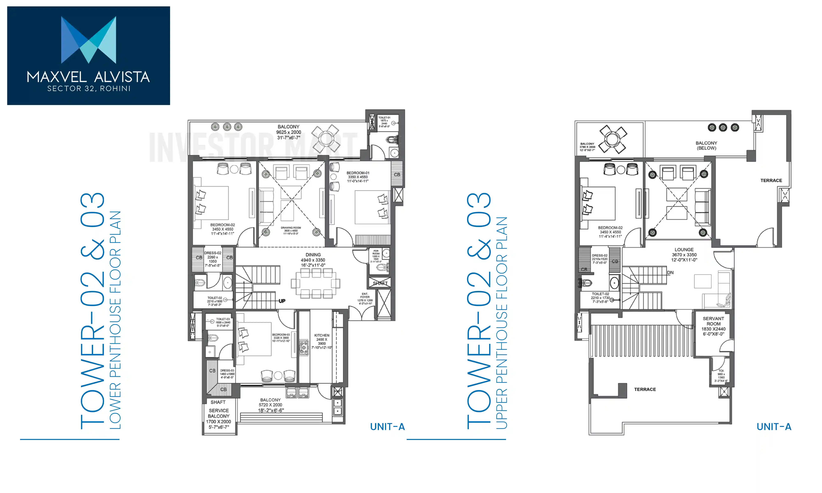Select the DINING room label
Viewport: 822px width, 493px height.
tap(313, 255)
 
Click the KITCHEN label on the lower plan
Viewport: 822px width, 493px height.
tap(322, 335)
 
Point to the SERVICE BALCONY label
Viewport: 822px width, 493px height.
tap(219, 413)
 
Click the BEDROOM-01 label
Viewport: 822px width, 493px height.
tap(358, 173)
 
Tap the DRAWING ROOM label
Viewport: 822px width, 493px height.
tap(291, 228)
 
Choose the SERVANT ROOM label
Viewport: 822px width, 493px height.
tap(713, 321)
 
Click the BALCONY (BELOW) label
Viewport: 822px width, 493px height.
tap(706, 145)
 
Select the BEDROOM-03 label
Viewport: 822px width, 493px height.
tap(281, 335)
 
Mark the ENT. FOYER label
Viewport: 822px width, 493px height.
tap(365, 295)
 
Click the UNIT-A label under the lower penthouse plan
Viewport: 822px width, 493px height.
tap(387, 427)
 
